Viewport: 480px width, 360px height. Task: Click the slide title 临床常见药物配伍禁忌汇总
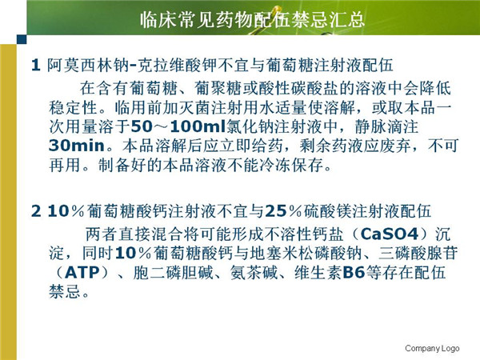tap(252, 19)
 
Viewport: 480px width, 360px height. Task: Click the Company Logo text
tap(432, 348)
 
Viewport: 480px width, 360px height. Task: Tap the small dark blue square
tap(22, 39)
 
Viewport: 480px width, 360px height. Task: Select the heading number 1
tap(36, 65)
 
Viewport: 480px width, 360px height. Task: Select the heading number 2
tap(36, 211)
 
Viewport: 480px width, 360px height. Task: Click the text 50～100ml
tap(178, 126)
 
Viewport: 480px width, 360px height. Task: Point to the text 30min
tap(77, 146)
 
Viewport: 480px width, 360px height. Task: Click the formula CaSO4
tap(390, 234)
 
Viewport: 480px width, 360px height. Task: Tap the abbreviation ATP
tap(82, 273)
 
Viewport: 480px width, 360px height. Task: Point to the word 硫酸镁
tap(327, 211)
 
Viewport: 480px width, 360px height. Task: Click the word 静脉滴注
tap(386, 126)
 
